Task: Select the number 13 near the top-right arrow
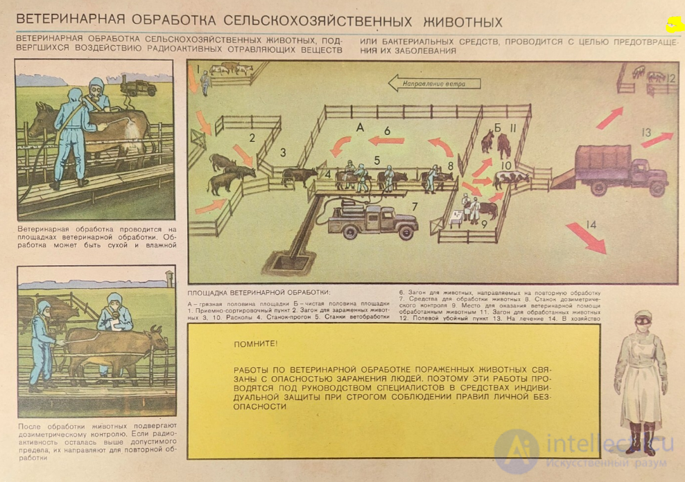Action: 646,132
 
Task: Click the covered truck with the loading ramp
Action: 620,169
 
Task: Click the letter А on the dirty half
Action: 359,127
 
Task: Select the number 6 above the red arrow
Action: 387,130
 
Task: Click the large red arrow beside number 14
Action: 585,238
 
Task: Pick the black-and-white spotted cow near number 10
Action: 512,179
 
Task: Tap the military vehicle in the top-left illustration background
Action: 138,87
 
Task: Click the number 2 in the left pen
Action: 252,137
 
